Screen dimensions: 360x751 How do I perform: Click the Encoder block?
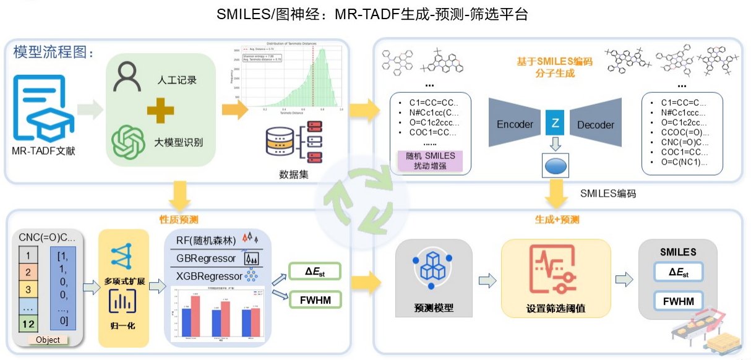click(515, 124)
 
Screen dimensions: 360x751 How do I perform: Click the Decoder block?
click(594, 124)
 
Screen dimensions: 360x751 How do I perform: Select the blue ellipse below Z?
click(555, 166)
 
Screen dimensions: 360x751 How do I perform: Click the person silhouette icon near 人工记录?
click(128, 78)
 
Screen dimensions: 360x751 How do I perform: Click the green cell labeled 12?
click(28, 323)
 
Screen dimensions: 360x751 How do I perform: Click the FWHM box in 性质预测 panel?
click(315, 301)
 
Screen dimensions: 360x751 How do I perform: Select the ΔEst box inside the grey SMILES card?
click(679, 273)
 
